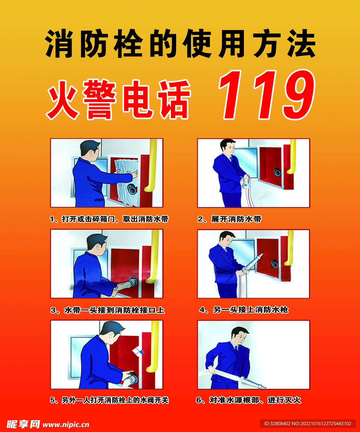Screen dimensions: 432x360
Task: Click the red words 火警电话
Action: [x=119, y=100]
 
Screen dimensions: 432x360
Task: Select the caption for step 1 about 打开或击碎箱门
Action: [x=109, y=219]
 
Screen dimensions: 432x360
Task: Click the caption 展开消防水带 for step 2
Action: [x=230, y=219]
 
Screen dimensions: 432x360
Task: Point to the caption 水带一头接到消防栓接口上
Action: [x=108, y=310]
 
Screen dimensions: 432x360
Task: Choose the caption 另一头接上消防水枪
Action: [x=244, y=310]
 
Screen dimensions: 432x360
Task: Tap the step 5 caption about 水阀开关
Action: [x=109, y=400]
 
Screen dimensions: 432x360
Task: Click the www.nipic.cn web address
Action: [x=66, y=424]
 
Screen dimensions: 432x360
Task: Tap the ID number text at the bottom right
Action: [x=308, y=424]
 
